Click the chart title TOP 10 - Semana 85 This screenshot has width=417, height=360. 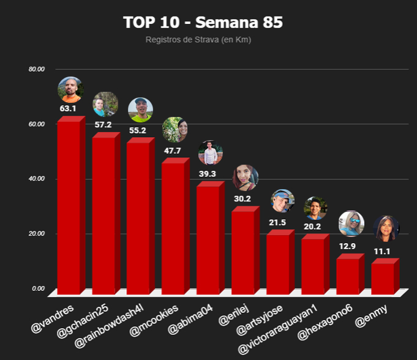[x=203, y=23]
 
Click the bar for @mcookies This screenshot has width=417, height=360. [x=173, y=227]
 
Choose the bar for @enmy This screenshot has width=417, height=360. [x=383, y=277]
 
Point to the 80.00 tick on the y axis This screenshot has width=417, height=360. [x=37, y=69]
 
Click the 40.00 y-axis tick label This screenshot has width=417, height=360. [x=37, y=179]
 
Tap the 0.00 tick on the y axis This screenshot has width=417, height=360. [x=39, y=288]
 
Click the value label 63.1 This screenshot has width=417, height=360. [x=68, y=109]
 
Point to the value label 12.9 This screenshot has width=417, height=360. [x=348, y=246]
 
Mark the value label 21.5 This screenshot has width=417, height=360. [x=279, y=221]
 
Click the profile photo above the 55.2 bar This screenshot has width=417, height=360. [x=140, y=110]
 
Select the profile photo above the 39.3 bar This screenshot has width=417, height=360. [x=211, y=153]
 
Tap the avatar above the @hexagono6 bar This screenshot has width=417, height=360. [x=351, y=223]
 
